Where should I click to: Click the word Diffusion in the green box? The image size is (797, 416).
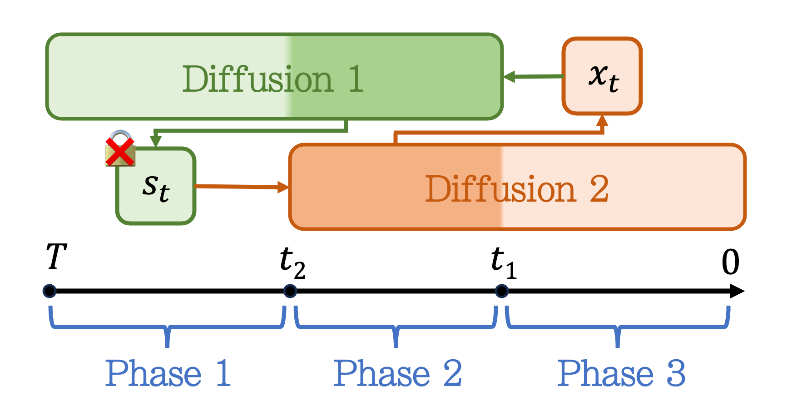[x=258, y=79]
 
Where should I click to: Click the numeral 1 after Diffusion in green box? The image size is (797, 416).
[x=356, y=79]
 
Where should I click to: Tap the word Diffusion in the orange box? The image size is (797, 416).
[x=500, y=189]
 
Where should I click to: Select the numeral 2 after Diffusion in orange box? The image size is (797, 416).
[x=599, y=189]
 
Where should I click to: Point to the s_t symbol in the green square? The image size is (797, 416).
[x=156, y=187]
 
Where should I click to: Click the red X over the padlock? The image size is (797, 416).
[x=120, y=152]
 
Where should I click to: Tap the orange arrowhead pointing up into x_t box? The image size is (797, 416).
[x=602, y=121]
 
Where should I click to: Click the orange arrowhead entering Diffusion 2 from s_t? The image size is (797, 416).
[x=283, y=187]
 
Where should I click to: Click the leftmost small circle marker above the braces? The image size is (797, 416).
[x=50, y=291]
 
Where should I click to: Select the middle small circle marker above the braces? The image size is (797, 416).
[x=290, y=291]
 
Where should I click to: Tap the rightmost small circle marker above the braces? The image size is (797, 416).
[x=502, y=291]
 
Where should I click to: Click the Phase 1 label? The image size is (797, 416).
[x=168, y=373]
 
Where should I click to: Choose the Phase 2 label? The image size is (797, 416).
[x=397, y=373]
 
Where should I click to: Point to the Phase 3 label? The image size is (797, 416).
[x=621, y=373]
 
